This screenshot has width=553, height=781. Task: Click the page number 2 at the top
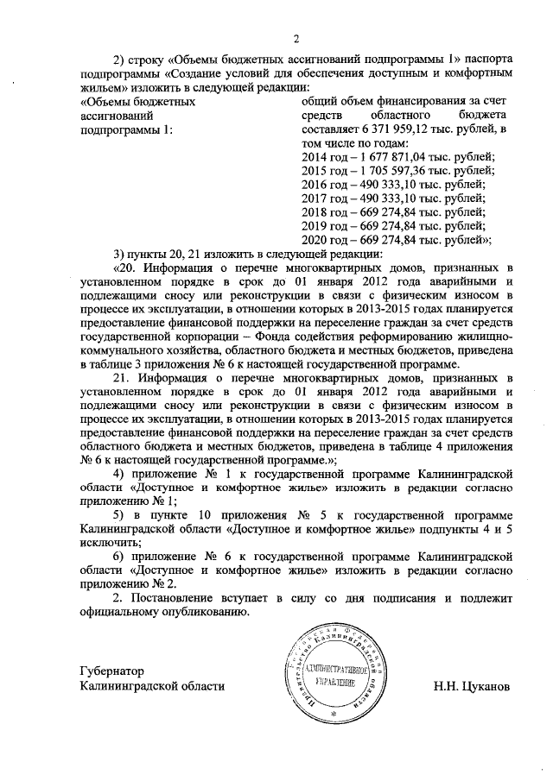coord(296,39)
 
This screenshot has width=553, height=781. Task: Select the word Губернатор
coord(107,671)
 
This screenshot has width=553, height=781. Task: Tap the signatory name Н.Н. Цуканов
coord(473,686)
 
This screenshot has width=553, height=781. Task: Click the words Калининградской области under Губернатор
coord(150,686)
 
